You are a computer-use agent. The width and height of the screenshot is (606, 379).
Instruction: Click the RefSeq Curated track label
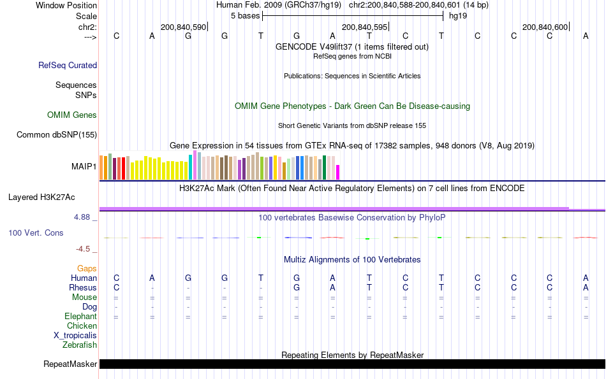68,65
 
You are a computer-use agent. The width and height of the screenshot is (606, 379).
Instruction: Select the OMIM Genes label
72,115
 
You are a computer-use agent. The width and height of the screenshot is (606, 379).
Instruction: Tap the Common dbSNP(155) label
57,134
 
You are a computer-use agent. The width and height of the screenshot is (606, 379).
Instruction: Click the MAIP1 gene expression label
84,167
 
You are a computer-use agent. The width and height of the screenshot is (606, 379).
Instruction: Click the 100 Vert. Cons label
36,233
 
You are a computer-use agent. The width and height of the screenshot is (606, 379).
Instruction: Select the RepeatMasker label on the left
70,364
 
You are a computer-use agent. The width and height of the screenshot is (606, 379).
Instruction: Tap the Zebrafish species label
80,345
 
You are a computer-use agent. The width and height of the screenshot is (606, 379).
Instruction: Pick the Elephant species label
80,317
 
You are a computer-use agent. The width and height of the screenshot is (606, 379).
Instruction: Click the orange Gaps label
87,269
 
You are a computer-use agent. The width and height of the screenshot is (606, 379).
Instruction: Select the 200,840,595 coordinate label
364,27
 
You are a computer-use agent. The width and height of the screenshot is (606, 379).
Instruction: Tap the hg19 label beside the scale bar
458,15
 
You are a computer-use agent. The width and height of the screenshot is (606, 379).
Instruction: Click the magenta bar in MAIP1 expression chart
338,172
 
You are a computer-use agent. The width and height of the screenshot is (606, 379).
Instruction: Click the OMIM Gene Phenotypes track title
352,106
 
